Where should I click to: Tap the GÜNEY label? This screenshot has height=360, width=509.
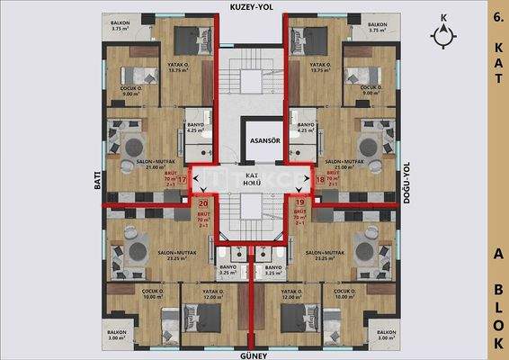pyautogui.click(x=253, y=355)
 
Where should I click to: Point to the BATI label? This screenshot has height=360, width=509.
pyautogui.click(x=96, y=182)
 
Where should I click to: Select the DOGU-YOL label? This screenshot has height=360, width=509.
pyautogui.click(x=406, y=182)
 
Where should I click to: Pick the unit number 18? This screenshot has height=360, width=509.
pyautogui.click(x=321, y=180)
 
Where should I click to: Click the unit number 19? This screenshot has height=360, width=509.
pyautogui.click(x=300, y=203)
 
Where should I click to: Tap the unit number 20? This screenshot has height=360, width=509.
pyautogui.click(x=202, y=203)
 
